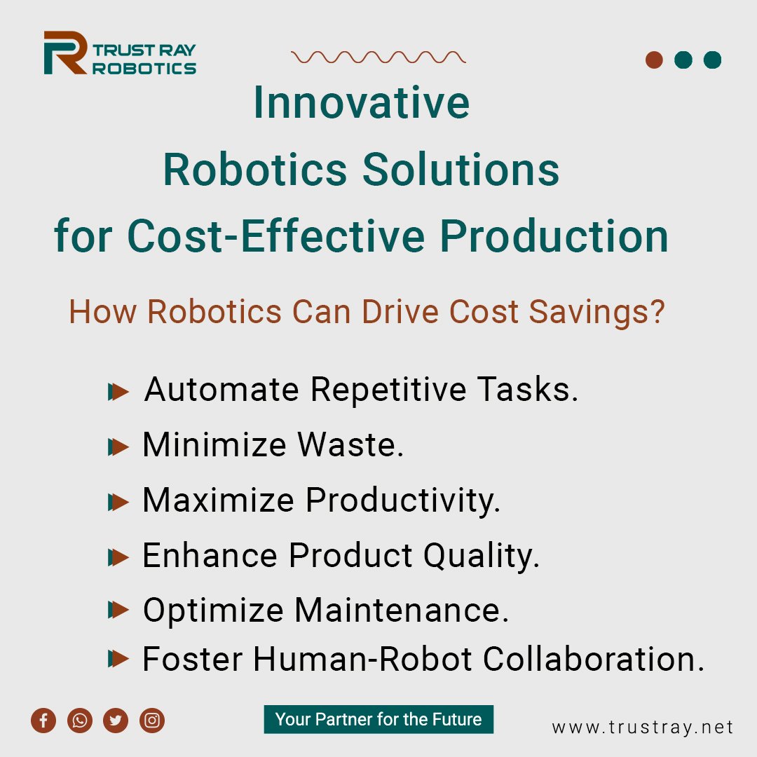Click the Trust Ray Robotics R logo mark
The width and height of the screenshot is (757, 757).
(x=65, y=53)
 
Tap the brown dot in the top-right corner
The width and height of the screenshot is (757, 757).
(x=654, y=60)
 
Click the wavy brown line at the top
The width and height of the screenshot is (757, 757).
(x=378, y=57)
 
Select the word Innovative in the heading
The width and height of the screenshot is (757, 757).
(x=361, y=102)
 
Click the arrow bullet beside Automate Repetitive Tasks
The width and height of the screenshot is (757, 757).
(x=119, y=392)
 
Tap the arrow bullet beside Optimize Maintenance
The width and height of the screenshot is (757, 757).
(x=119, y=611)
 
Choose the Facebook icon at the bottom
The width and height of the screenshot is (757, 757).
(x=43, y=721)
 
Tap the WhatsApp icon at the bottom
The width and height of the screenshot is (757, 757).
(x=80, y=721)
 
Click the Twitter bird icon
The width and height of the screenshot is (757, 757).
(x=116, y=721)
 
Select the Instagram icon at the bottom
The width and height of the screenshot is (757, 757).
(x=152, y=721)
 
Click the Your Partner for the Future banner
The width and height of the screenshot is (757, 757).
(x=378, y=719)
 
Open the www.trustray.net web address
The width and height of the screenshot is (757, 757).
(x=642, y=728)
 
